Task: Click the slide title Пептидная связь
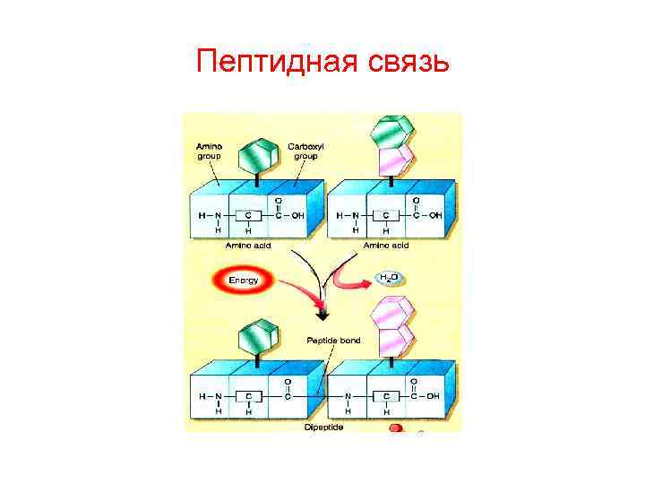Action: (x=322, y=62)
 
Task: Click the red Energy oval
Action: (x=244, y=281)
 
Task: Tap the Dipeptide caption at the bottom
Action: (x=323, y=428)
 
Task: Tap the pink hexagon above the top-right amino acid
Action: (x=394, y=160)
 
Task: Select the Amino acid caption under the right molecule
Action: (x=386, y=245)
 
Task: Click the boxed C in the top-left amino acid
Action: (x=248, y=215)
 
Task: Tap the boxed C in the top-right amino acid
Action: (x=386, y=215)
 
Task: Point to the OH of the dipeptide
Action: (x=434, y=395)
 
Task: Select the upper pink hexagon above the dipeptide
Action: (x=394, y=314)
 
